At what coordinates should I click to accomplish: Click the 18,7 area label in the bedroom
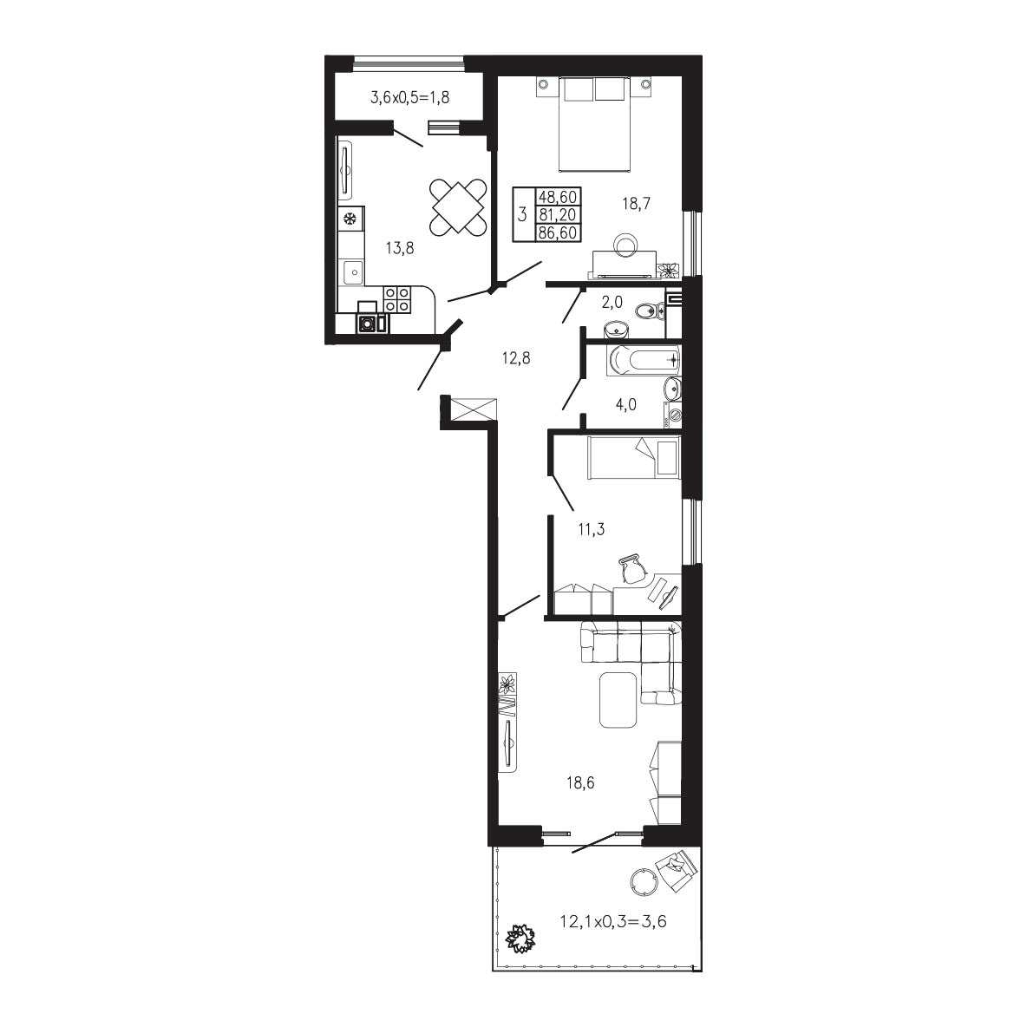(636, 204)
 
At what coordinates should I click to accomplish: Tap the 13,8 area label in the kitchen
(400, 248)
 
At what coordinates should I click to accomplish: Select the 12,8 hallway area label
(516, 358)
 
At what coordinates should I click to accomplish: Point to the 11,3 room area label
(591, 529)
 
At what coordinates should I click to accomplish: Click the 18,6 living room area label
(580, 782)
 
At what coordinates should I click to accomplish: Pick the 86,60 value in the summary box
(558, 232)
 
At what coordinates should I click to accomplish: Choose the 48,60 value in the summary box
(558, 197)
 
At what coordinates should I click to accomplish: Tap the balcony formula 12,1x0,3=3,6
(613, 922)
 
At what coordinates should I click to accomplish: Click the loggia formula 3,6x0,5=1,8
(410, 98)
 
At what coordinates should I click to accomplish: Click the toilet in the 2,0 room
(651, 311)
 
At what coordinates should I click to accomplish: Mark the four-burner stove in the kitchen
(397, 299)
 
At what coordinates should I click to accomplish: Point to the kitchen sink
(351, 271)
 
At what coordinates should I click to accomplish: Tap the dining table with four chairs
(459, 207)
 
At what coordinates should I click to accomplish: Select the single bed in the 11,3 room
(634, 457)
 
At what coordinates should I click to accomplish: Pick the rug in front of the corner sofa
(618, 700)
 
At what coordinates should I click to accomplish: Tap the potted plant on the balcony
(521, 939)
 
